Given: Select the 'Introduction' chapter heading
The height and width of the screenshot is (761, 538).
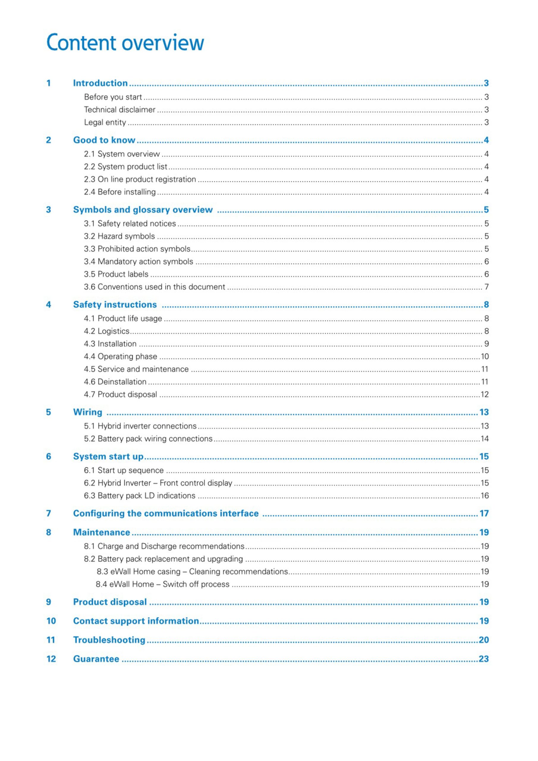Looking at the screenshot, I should [x=100, y=83].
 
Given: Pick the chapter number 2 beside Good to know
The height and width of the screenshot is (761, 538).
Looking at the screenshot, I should [x=48, y=140].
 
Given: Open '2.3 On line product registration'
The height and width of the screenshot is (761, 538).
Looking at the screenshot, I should [x=140, y=179].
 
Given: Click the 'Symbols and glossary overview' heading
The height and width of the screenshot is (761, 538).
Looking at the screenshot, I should [x=143, y=210].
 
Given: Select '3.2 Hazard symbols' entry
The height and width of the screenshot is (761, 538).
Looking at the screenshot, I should [x=119, y=236].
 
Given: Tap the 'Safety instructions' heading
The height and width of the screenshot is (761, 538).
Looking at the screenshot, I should [x=115, y=305].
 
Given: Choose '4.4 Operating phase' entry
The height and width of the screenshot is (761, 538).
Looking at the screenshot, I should [x=120, y=356].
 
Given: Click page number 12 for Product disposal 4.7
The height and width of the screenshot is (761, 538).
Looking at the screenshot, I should [x=484, y=394].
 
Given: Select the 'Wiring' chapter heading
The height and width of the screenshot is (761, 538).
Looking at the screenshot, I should [x=87, y=412].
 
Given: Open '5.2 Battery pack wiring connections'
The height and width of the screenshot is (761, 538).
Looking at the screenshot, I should [x=148, y=438].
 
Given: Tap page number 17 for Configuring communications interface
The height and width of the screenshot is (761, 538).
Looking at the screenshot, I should [x=484, y=513].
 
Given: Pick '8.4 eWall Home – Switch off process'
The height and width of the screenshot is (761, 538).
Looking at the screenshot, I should [x=162, y=584].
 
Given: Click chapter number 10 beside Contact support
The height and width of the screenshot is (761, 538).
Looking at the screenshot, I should [x=51, y=621].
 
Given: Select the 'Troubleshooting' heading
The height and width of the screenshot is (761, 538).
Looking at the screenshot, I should [x=109, y=640].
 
